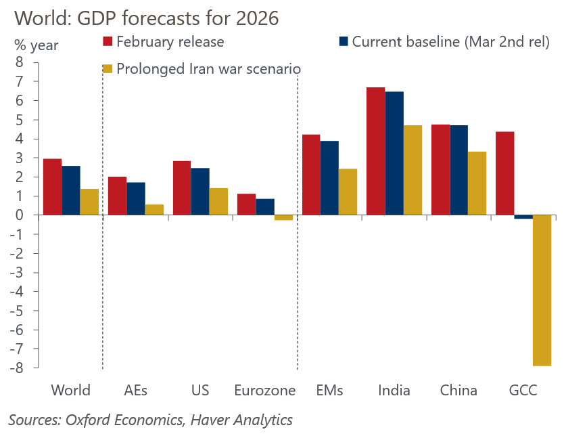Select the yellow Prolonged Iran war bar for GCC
pyautogui.click(x=542, y=290)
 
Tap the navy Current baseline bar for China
pyautogui.click(x=458, y=170)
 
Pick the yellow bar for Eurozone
pyautogui.click(x=283, y=217)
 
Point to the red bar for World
pyautogui.click(x=52, y=187)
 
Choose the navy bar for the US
pyautogui.click(x=200, y=192)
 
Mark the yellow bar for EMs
pyautogui.click(x=348, y=192)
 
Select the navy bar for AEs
pyautogui.click(x=135, y=198)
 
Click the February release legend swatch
pyautogui.click(x=107, y=41)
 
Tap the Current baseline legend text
pyautogui.click(x=451, y=41)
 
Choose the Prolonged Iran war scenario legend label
pyautogui.click(x=208, y=68)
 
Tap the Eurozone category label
pyautogui.click(x=265, y=391)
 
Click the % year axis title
pyautogui.click(x=37, y=45)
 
